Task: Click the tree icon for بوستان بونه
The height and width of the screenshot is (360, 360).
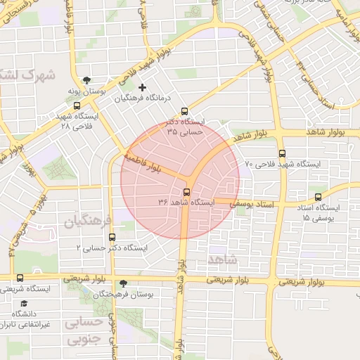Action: pyautogui.click(x=86, y=80)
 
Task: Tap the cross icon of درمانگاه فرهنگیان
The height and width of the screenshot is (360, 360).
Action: pyautogui.click(x=143, y=87)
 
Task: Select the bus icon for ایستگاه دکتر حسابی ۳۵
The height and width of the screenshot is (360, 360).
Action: pyautogui.click(x=185, y=110)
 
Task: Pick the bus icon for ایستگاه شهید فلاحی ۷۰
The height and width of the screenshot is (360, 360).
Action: pyautogui.click(x=283, y=153)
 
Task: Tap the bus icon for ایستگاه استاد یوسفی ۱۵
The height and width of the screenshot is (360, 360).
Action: pyautogui.click(x=319, y=198)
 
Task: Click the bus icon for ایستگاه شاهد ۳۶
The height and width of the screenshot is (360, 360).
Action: pyautogui.click(x=187, y=192)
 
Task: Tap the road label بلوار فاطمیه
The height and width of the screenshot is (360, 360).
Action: pyautogui.click(x=143, y=160)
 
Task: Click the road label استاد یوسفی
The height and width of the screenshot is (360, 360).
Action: pyautogui.click(x=250, y=202)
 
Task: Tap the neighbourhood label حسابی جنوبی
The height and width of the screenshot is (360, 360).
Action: pyautogui.click(x=84, y=330)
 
